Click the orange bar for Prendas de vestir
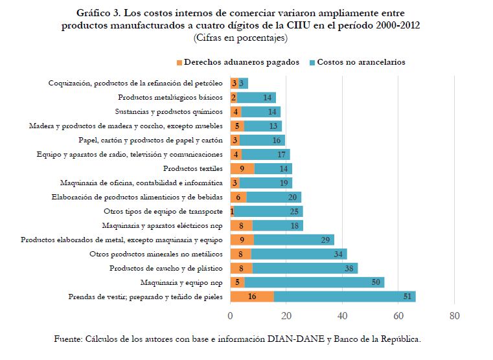pyautogui.click(x=252, y=297)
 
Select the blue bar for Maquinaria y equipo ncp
pyautogui.click(x=314, y=282)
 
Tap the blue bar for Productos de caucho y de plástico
pyautogui.click(x=304, y=268)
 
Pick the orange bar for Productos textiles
pyautogui.click(x=242, y=168)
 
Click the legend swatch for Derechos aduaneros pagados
pyautogui.click(x=179, y=63)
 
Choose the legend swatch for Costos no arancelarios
pyautogui.click(x=312, y=63)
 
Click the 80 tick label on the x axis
pyautogui.click(x=454, y=316)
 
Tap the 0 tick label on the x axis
pyautogui.click(x=231, y=316)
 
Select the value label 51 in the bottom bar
pyautogui.click(x=408, y=297)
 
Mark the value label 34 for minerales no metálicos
pyautogui.click(x=338, y=254)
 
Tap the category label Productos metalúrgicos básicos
pyautogui.click(x=170, y=97)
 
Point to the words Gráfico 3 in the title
pyautogui.click(x=100, y=13)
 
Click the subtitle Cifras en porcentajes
pyautogui.click(x=240, y=38)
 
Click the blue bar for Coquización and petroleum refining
pyautogui.click(x=244, y=83)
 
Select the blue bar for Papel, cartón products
pyautogui.click(x=263, y=140)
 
